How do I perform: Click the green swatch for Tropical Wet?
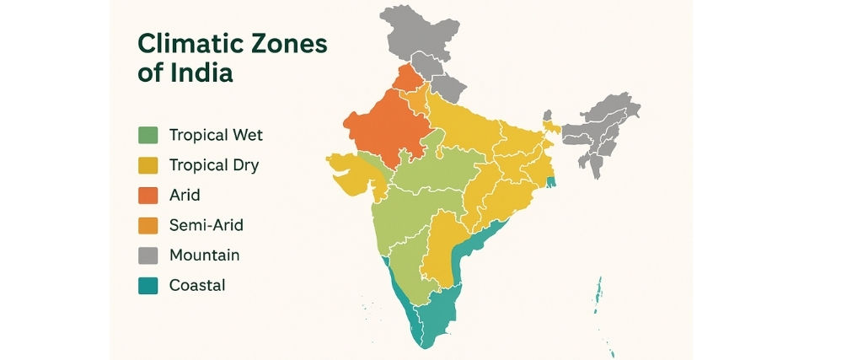click(x=147, y=135)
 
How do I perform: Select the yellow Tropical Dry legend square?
click(x=147, y=165)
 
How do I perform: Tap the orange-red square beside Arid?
click(x=147, y=195)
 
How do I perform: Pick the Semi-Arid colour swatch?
click(x=147, y=225)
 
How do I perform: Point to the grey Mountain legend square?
click(x=147, y=255)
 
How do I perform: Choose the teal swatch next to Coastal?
click(x=147, y=285)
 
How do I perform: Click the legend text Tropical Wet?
click(x=216, y=135)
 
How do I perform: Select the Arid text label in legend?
click(x=185, y=195)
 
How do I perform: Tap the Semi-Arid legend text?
click(x=206, y=225)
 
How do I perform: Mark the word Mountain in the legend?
click(x=204, y=255)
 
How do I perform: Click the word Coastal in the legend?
click(x=197, y=285)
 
